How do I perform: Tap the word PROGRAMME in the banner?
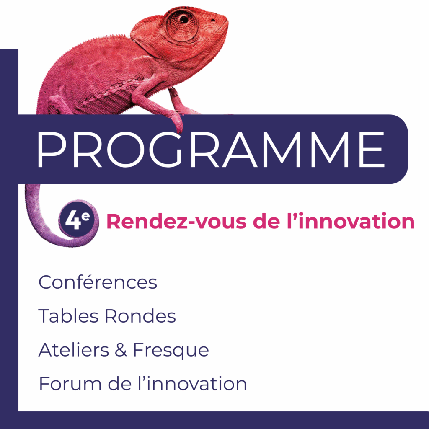click(x=211, y=150)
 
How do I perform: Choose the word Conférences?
click(x=98, y=282)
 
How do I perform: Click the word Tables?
click(x=68, y=316)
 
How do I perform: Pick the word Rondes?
click(x=140, y=316)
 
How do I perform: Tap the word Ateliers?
click(x=74, y=350)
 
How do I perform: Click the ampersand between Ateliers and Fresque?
click(x=120, y=350)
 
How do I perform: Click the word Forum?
click(x=70, y=384)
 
